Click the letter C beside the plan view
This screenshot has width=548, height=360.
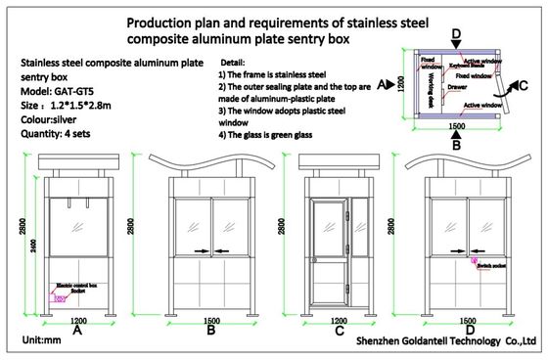point(525,85)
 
